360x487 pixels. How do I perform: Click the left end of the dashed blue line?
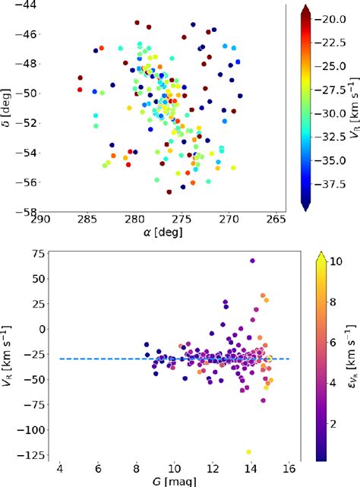point(59,359)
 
